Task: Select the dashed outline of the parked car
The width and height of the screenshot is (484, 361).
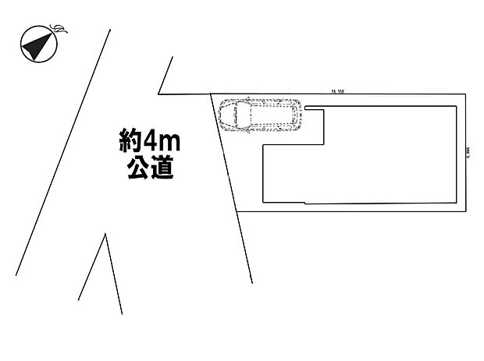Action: tap(258, 116)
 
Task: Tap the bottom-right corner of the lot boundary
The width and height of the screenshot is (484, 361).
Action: tap(467, 211)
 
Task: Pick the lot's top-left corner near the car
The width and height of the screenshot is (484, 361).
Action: tap(211, 94)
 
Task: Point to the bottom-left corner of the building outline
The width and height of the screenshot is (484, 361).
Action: tap(265, 203)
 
